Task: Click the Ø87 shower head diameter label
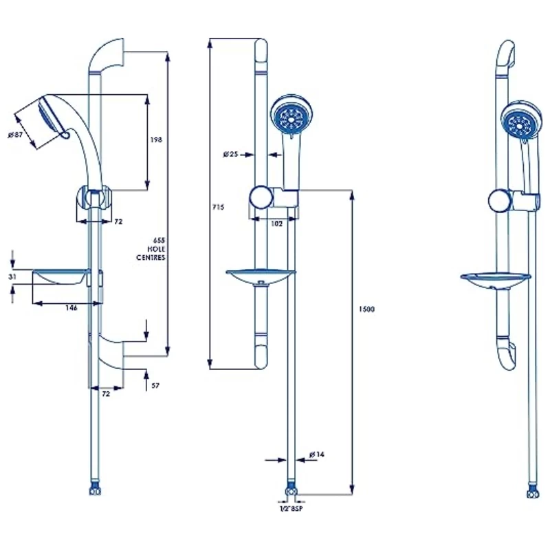[x=16, y=135]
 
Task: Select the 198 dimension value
[x=155, y=140]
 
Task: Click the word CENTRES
[x=151, y=257]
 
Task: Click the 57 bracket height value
[x=155, y=386]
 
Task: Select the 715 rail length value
[x=219, y=206]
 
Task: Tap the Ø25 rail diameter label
[x=230, y=154]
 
